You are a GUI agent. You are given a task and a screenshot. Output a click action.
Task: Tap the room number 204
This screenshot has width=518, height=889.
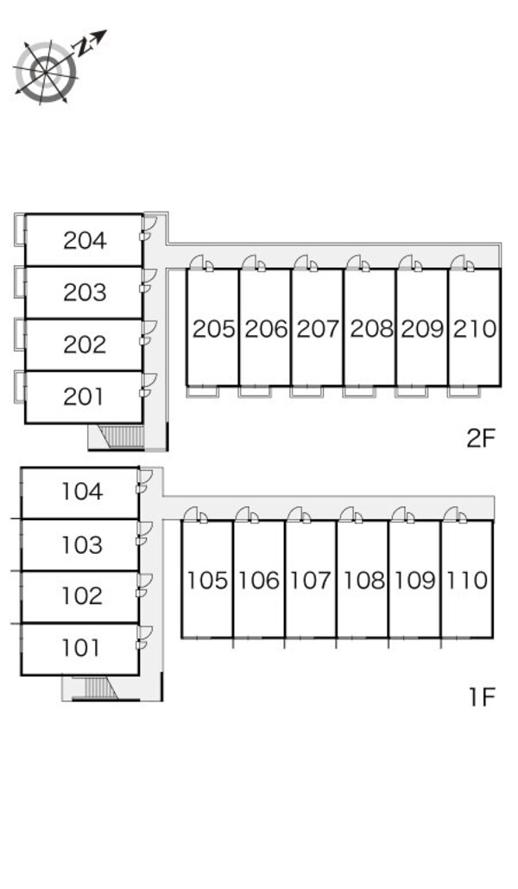pyautogui.click(x=85, y=241)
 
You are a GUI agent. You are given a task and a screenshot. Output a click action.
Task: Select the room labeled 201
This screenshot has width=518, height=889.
pyautogui.click(x=85, y=397)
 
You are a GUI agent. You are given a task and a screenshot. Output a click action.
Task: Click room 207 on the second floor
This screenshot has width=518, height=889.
pyautogui.click(x=318, y=329)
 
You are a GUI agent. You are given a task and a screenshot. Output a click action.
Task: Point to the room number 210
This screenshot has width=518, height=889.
pyautogui.click(x=474, y=329)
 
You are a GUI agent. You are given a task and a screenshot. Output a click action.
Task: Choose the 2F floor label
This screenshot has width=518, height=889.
pyautogui.click(x=482, y=439)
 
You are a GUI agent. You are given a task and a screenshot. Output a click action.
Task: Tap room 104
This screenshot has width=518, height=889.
pyautogui.click(x=82, y=492)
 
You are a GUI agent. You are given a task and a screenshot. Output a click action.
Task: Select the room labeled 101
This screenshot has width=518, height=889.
pyautogui.click(x=81, y=648)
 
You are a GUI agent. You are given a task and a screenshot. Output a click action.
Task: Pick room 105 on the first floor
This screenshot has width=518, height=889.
pyautogui.click(x=207, y=581)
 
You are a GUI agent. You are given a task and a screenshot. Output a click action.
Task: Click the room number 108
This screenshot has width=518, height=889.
pyautogui.click(x=363, y=581)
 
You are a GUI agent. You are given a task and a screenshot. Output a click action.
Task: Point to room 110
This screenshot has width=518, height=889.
pyautogui.click(x=467, y=581)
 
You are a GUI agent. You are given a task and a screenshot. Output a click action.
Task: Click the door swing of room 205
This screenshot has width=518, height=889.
pyautogui.click(x=199, y=263)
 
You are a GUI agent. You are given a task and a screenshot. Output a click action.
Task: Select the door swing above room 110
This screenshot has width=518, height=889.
pyautogui.click(x=452, y=515)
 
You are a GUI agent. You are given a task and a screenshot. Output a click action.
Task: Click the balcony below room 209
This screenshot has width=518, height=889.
pyautogui.click(x=412, y=391)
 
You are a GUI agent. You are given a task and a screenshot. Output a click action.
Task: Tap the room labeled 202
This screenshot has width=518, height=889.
pyautogui.click(x=85, y=346)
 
